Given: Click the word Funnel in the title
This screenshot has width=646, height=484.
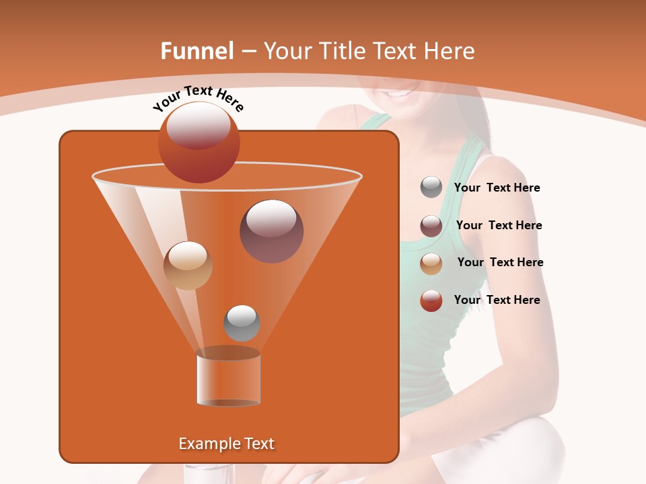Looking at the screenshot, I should [196, 51].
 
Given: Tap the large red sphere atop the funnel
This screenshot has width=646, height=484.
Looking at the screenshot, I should [199, 143].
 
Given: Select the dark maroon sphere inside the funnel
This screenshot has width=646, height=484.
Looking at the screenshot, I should [272, 231].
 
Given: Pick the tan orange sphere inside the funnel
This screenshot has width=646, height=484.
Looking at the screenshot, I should [188, 266].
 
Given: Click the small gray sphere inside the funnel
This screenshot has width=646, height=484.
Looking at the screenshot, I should [242, 323].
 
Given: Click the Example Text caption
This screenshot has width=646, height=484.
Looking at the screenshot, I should [226, 444].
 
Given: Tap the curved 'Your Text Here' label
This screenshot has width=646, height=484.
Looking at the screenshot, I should [199, 98].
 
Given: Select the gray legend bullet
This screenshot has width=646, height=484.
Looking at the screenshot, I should [431, 188].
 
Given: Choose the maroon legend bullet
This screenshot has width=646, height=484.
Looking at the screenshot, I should [431, 226].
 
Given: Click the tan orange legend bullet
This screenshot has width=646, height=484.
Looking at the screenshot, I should [431, 263].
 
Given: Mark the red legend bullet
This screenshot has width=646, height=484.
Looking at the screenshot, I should [431, 300].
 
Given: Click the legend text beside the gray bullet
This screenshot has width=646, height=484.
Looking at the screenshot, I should [497, 188].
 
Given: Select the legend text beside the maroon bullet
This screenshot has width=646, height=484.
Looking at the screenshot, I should [499, 226].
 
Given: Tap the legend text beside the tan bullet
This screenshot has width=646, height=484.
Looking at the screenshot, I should [500, 263].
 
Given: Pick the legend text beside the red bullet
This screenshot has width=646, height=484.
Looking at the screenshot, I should [497, 300].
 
